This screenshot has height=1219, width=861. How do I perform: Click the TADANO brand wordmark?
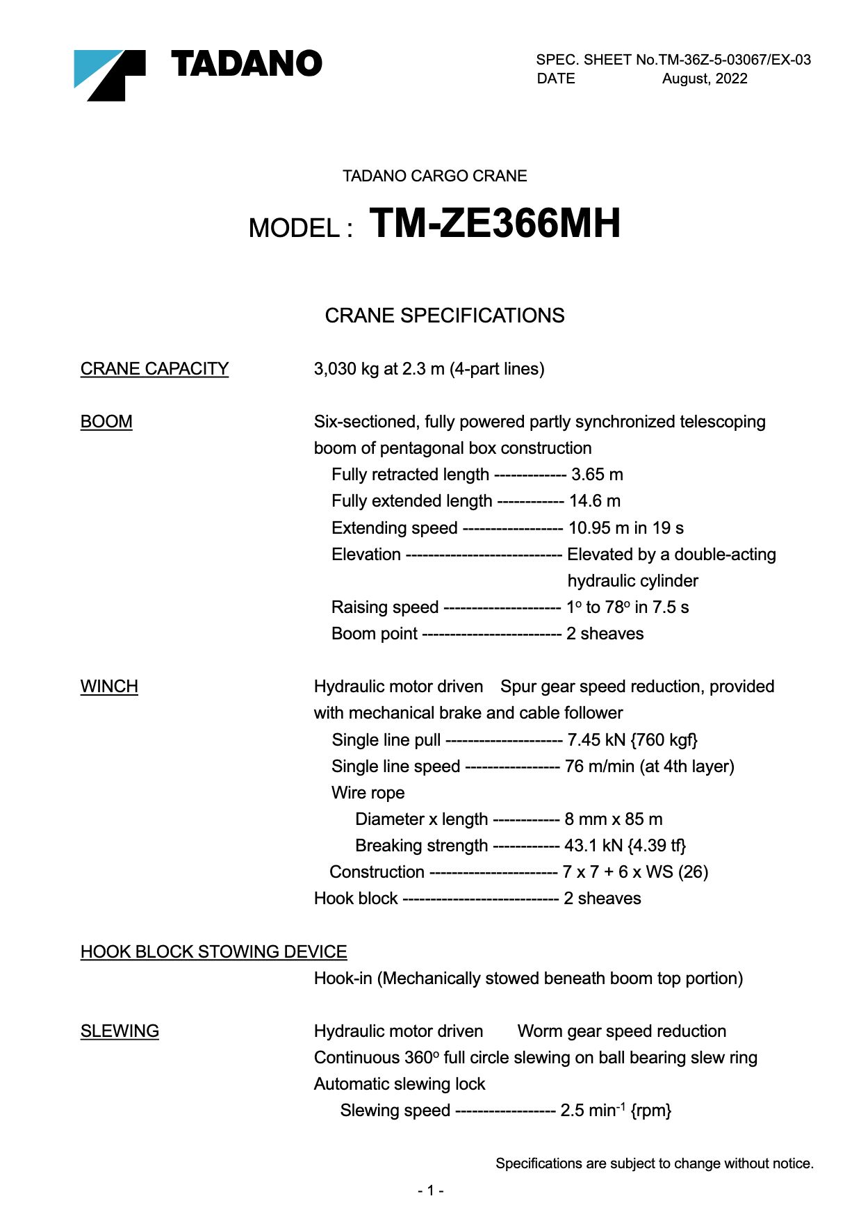click(246, 64)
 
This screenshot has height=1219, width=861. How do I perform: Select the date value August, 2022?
click(704, 79)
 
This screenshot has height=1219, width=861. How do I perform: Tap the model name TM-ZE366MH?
click(494, 224)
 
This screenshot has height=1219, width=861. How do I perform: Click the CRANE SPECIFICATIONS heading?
click(444, 316)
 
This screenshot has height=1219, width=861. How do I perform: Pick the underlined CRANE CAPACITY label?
click(154, 368)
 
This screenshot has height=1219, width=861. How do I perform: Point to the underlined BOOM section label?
click(106, 422)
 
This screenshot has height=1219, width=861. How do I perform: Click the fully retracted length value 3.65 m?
click(597, 475)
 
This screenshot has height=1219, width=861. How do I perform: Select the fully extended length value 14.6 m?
click(595, 501)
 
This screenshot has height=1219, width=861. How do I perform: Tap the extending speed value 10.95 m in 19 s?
click(625, 528)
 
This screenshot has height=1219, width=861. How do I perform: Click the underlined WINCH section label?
click(109, 687)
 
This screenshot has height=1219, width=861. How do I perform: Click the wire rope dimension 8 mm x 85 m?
click(613, 819)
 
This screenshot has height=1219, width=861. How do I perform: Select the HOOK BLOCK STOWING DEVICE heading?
click(213, 951)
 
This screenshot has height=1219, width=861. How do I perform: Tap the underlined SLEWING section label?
click(120, 1031)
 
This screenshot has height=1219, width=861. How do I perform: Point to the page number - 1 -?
click(431, 1191)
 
